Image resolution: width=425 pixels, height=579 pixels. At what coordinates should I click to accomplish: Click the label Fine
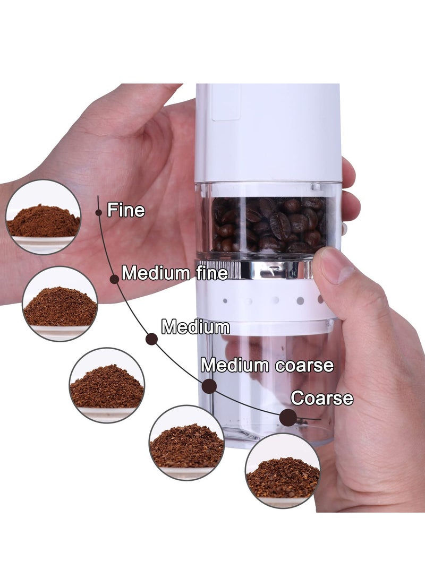point(126,210)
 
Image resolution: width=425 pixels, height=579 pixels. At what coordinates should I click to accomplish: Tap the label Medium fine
point(175,273)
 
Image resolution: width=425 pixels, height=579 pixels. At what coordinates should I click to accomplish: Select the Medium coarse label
point(267,365)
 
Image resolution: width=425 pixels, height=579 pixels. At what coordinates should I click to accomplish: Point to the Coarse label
point(321,398)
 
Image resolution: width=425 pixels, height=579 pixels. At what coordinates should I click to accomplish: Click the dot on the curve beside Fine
point(99,212)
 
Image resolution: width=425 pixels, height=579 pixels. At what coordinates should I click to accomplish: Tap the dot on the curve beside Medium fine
point(114,279)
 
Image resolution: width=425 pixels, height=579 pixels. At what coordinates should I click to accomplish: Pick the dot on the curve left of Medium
point(151,339)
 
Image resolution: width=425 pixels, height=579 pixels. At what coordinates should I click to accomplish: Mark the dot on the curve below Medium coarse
point(209,386)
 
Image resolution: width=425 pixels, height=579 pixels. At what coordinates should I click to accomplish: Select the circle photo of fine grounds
point(43,217)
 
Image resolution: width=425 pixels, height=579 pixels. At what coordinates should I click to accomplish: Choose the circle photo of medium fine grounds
point(60,303)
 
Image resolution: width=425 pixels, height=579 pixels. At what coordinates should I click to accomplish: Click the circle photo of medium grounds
point(107,385)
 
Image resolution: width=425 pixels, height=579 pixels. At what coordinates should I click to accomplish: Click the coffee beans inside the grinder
point(268,224)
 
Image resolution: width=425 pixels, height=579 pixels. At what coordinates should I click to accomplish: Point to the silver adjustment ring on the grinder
point(266,269)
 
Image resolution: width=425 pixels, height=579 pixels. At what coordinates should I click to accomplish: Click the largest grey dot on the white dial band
point(300,300)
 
